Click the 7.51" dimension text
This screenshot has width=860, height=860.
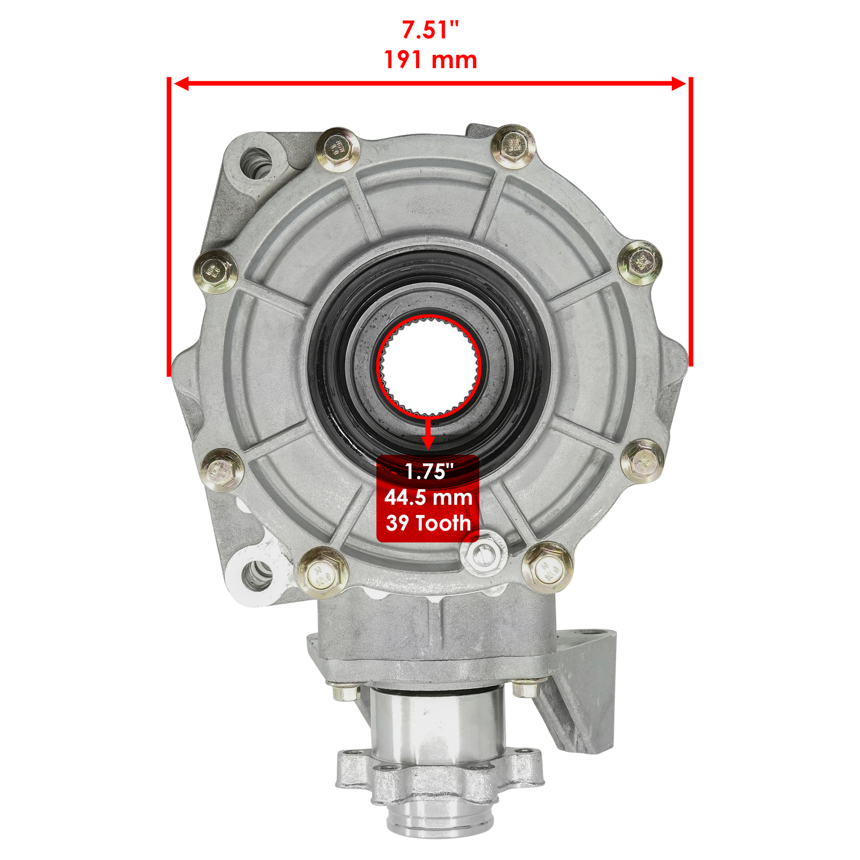[x=431, y=30]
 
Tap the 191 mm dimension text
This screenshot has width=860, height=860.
[x=431, y=60]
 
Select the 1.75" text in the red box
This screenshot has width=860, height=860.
[x=429, y=471]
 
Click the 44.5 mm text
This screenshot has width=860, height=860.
[x=428, y=497]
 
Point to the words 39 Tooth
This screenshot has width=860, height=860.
[x=428, y=523]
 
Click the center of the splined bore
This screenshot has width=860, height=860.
[x=428, y=365]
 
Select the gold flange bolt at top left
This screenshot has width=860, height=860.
[x=338, y=149]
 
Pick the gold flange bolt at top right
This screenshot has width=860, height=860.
[x=514, y=146]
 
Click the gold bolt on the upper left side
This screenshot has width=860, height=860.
[x=215, y=271]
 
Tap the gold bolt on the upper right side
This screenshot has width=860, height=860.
[x=640, y=263]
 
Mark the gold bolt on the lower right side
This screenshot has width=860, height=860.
[x=642, y=461]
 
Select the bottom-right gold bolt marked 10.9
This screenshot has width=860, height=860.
[x=548, y=567]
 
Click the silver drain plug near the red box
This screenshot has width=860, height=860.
[x=483, y=554]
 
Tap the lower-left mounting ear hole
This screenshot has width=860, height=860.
[x=256, y=574]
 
